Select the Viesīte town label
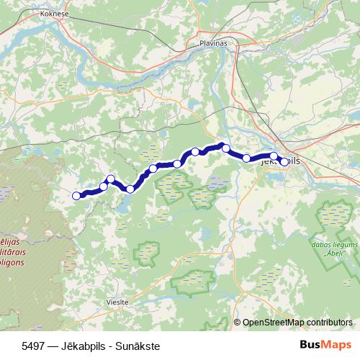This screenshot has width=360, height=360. (116, 302)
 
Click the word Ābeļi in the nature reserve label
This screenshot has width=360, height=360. (333, 254)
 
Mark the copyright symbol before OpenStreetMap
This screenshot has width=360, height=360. (238, 322)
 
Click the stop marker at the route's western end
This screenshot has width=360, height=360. (76, 195)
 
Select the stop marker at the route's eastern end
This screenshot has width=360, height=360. (284, 161)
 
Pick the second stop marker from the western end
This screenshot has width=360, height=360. (104, 186)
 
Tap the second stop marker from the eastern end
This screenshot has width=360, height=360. (274, 156)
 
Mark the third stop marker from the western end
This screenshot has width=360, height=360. (111, 179)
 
